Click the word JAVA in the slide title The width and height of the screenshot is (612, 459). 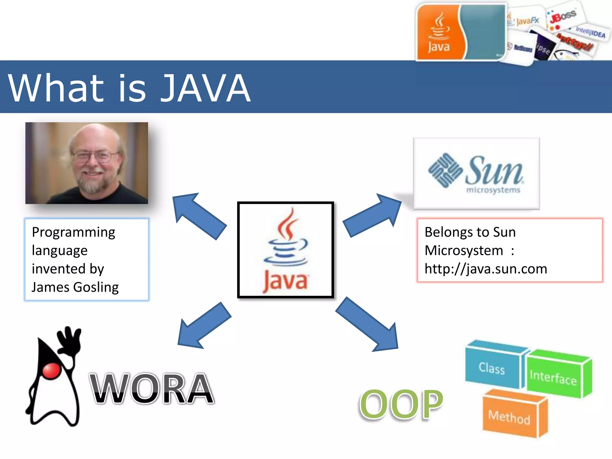point(206,88)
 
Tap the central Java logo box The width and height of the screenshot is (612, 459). point(285,250)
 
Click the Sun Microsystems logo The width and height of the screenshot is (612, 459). point(476,173)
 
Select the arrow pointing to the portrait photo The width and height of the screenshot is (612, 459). point(198,215)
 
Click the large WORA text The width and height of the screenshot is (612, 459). point(152,388)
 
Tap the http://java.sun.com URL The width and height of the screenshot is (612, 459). point(486,269)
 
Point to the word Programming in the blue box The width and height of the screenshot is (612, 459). point(74,232)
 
